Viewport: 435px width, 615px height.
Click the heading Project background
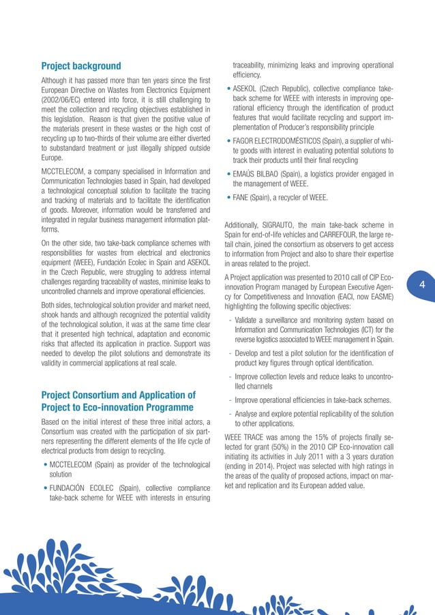pyautogui.click(x=81, y=66)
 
